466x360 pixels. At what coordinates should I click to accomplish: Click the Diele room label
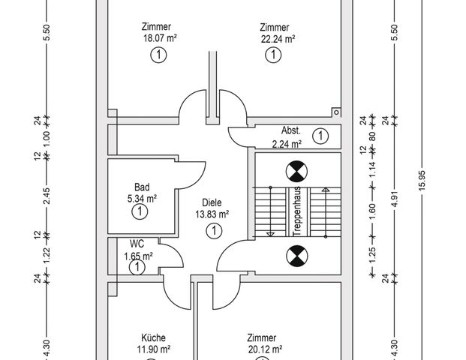212,202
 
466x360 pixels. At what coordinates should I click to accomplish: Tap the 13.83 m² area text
212,214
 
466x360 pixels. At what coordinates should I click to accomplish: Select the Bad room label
142,187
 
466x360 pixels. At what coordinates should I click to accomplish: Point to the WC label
137,244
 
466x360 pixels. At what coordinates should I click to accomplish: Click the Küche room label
153,337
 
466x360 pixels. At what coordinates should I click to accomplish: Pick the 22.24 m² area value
278,39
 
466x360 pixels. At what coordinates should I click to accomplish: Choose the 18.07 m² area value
160,38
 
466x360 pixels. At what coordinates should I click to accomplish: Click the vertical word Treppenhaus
296,211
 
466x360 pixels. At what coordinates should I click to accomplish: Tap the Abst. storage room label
291,130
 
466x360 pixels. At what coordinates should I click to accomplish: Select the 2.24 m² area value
287,144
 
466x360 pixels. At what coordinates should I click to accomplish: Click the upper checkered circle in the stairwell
296,172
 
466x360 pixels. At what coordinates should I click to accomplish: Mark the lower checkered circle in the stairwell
297,256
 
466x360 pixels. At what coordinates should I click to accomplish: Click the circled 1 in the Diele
214,231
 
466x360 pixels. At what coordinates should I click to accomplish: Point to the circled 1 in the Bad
140,211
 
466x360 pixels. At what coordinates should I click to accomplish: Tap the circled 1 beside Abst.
320,136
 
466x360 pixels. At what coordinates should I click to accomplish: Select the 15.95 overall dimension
422,181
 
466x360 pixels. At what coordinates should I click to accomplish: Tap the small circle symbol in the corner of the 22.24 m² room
336,112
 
